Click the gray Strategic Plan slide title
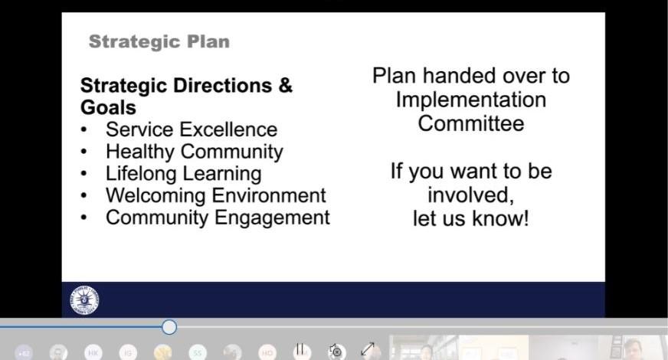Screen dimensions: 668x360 159,42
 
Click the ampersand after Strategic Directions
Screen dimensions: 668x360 286,85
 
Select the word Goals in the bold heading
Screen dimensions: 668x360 108,107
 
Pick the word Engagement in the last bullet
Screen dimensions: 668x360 272,218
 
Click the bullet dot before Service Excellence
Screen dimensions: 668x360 84,130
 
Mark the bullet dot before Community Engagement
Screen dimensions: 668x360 84,218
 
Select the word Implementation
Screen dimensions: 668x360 471,100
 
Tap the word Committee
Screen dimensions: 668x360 471,123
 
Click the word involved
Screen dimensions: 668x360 470,195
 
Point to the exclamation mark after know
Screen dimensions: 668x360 526,218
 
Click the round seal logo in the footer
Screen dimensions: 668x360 84,300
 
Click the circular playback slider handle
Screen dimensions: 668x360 169,327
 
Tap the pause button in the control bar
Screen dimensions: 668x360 300,350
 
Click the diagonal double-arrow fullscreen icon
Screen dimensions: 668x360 368,349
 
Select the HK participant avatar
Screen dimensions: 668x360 93,353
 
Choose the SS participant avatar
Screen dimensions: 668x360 197,353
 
